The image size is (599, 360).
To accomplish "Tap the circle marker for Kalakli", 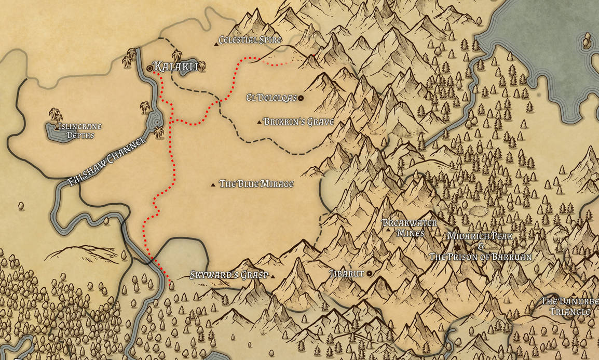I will [149, 68].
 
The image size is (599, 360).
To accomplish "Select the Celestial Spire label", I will [250, 39].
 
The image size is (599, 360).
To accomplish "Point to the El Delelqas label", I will [271, 98].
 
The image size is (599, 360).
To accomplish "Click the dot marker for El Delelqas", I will [301, 98].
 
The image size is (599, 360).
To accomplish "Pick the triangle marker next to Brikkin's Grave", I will [260, 123].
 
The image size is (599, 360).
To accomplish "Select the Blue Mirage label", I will [256, 184].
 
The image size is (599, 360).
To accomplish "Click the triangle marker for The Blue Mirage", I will [213, 185].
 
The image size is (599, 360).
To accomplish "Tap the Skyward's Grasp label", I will [228, 275].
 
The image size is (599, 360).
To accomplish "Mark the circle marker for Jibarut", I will [370, 273].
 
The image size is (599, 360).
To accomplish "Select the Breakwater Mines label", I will [410, 228].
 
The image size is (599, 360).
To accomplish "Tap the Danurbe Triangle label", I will [570, 306].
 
